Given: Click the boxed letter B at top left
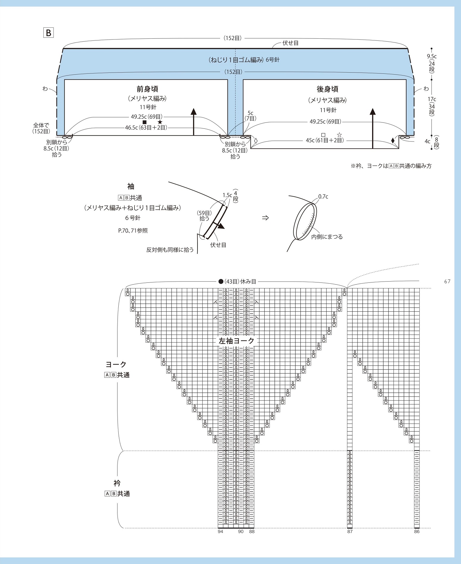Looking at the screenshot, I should tap(48, 32).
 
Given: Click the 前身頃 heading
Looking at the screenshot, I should tap(147, 89).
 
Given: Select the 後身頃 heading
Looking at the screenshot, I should tap(327, 89).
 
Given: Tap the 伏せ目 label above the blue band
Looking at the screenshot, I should tap(290, 43).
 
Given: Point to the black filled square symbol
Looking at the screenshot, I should tap(145, 122).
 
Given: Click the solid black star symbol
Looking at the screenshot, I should tap(160, 122).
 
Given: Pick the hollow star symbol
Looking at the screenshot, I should tap(339, 135).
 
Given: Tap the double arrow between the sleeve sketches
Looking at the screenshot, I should tap(265, 218).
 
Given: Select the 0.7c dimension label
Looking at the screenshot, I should tap(323, 197).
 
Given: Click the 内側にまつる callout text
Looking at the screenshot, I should tap(327, 237).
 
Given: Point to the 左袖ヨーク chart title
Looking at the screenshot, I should tap(236, 341).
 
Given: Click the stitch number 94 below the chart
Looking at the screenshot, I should tap(220, 532).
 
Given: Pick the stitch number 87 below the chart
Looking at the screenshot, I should tap(350, 532).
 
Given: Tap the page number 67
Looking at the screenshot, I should tap(447, 281).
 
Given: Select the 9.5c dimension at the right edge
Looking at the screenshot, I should tap(432, 56).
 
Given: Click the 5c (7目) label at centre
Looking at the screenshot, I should tap(250, 116).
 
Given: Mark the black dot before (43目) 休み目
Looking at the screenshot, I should tap(221, 281).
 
